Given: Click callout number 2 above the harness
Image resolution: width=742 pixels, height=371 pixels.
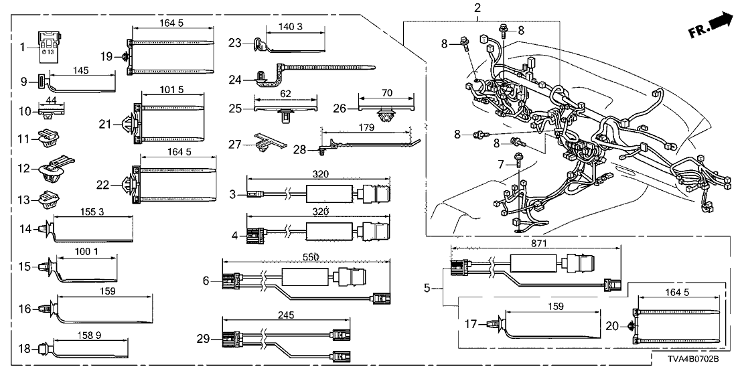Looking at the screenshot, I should tap(477, 9).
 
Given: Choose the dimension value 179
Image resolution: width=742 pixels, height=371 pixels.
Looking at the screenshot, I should tap(365, 128).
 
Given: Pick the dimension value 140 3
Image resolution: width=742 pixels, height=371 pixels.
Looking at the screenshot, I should tap(295, 27).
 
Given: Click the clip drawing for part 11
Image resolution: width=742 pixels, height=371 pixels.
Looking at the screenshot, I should tap(50, 138).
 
